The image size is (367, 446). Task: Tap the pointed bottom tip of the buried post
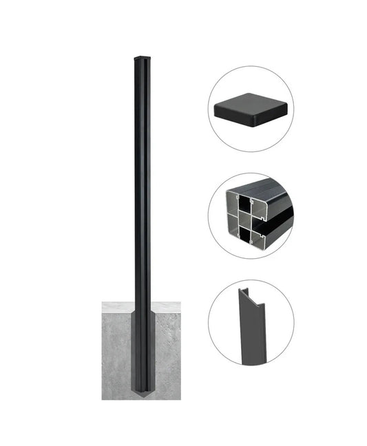click(x=141, y=396)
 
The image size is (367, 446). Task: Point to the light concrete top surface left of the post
click(x=117, y=307)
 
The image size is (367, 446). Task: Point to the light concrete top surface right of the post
click(x=165, y=307)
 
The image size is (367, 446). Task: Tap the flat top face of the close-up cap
click(x=250, y=104)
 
